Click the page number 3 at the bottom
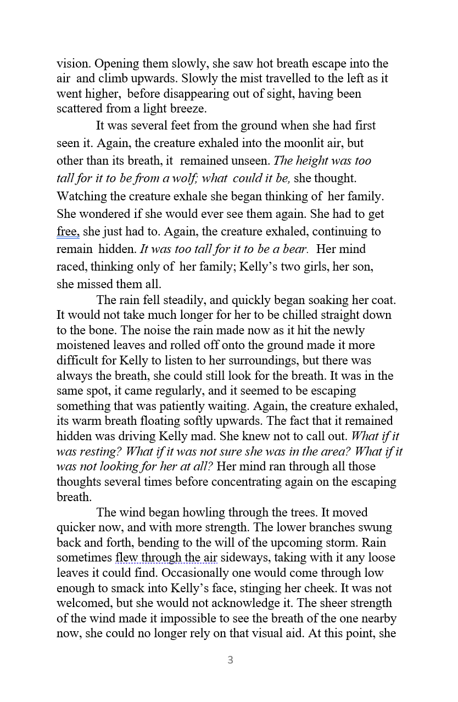(230, 660)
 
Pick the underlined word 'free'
(68, 232)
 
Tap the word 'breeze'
(188, 109)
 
